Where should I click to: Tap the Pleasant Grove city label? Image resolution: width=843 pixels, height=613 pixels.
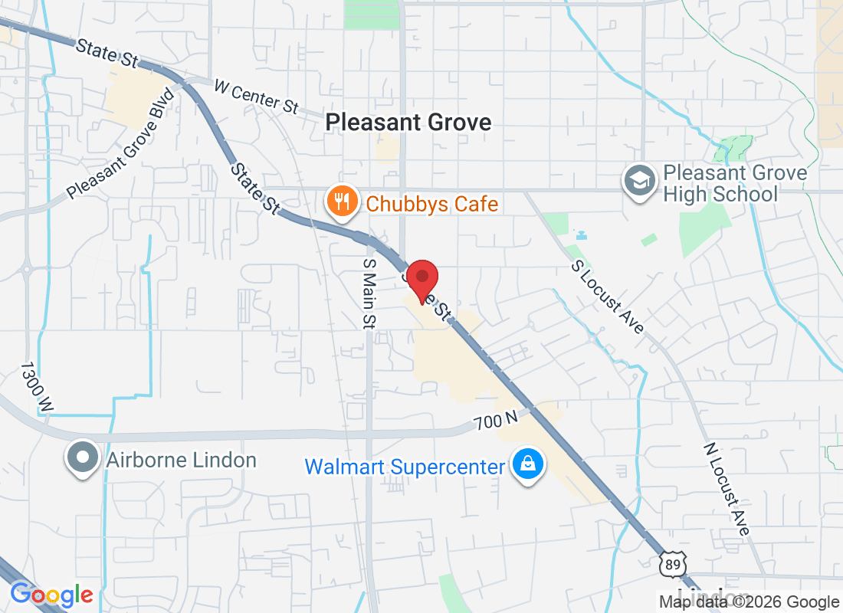tap(408, 122)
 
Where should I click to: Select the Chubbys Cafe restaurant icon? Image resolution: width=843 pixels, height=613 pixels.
tap(340, 202)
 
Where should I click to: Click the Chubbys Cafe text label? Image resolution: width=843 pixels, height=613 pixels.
tap(432, 204)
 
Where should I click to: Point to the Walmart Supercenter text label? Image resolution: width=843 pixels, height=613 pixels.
tap(405, 466)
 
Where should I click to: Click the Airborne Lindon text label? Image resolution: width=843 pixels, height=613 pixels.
tap(181, 460)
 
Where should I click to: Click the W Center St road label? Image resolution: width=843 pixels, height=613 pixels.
tap(256, 97)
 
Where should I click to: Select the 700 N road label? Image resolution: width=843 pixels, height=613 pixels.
tap(496, 421)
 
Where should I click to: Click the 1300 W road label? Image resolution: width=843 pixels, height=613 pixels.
tap(35, 388)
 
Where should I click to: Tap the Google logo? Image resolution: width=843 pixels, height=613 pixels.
tap(51, 595)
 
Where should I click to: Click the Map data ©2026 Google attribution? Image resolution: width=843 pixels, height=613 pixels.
tap(750, 602)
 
